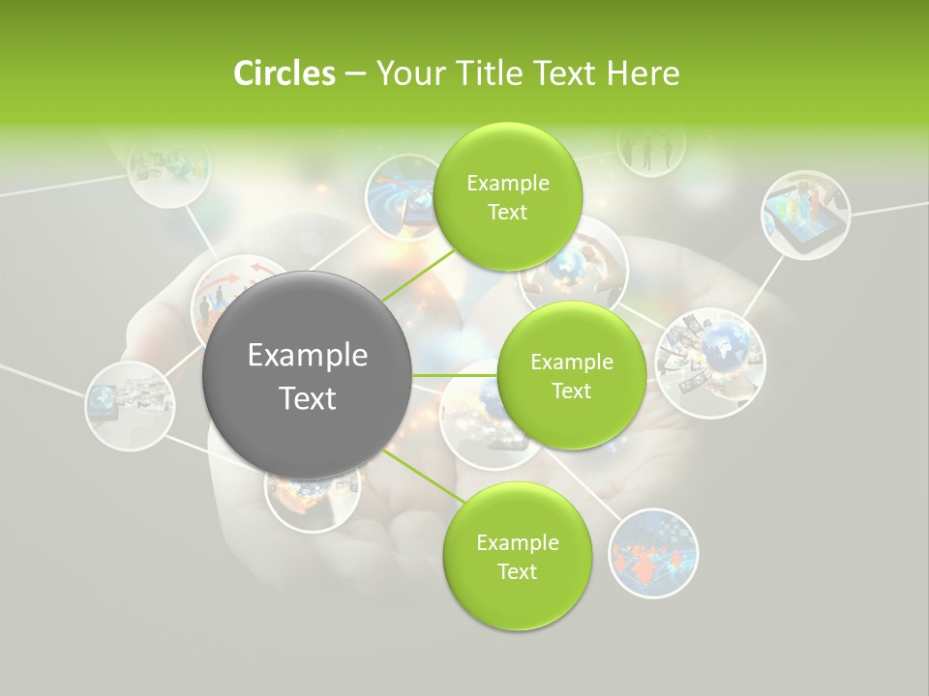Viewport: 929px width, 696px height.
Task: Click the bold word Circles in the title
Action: [x=284, y=73]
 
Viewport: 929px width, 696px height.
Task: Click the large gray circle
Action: [x=307, y=375]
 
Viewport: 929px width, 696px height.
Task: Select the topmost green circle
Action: [x=507, y=196]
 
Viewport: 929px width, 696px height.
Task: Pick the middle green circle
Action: [x=571, y=375]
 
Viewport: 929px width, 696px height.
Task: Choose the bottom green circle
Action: [x=517, y=556]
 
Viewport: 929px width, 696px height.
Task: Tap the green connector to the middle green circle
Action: [x=454, y=375]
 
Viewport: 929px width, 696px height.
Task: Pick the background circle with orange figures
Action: [x=653, y=552]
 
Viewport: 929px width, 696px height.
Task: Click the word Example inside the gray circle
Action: [x=307, y=355]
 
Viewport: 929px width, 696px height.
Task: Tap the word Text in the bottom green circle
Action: [x=517, y=571]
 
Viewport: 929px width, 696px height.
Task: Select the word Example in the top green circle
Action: [x=507, y=183]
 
